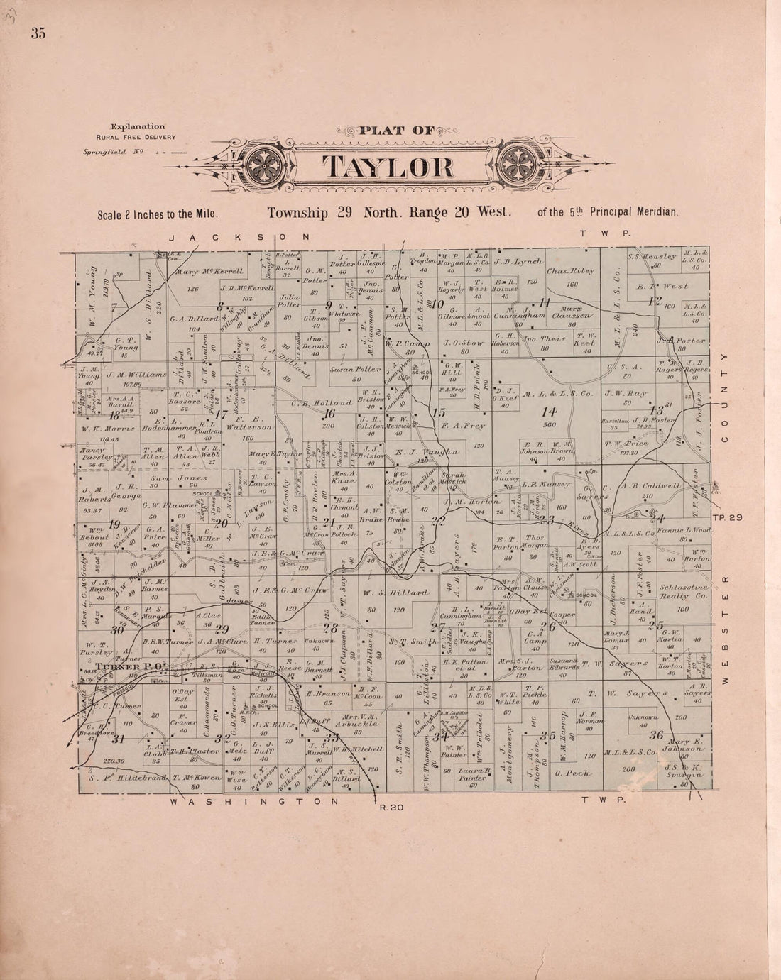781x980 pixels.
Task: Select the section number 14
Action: click(548, 411)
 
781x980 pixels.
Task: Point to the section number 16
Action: click(328, 415)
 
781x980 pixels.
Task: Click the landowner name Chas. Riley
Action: click(571, 271)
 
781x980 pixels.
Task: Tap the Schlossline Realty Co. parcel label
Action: click(683, 599)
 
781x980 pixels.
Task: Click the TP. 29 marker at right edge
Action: click(728, 518)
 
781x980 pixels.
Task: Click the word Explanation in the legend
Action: click(143, 126)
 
